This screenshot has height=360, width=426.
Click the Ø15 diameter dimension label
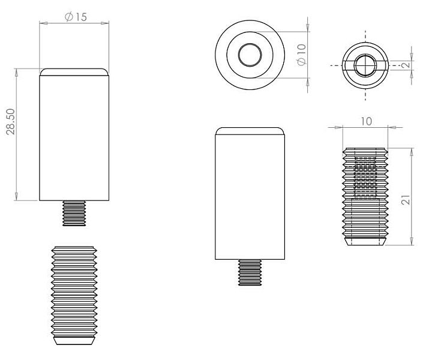pyautogui.click(x=76, y=17)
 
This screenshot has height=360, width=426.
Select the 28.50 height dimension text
pyautogui.click(x=11, y=121)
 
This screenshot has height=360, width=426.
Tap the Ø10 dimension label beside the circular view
pyautogui.click(x=302, y=55)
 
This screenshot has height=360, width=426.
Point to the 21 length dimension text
pyautogui.click(x=406, y=200)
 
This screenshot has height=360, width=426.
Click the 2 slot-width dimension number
pyautogui.click(x=406, y=65)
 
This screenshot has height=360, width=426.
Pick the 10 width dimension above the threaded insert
pyautogui.click(x=366, y=121)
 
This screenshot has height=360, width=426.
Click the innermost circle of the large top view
pyautogui.click(x=250, y=55)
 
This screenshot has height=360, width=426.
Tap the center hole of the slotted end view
pyautogui.click(x=365, y=65)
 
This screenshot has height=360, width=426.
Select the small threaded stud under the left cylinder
pyautogui.click(x=74, y=213)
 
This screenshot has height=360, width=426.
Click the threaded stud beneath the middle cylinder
pyautogui.click(x=250, y=272)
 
